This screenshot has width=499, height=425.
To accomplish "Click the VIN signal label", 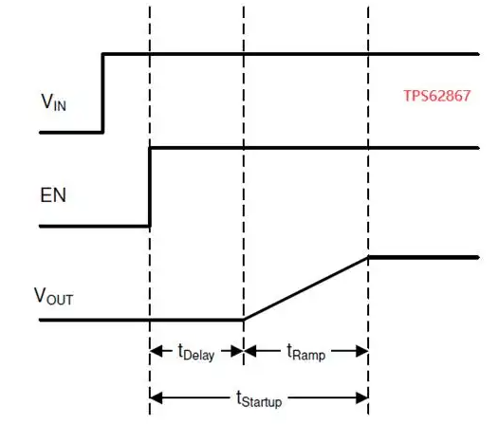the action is click(53, 102).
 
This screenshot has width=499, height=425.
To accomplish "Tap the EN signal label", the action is click(53, 194).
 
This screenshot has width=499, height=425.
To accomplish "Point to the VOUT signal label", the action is click(53, 296).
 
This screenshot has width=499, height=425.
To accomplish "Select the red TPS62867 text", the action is click(437, 96).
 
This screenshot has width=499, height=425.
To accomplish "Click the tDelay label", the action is click(196, 352).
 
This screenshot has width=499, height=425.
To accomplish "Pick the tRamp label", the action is click(305, 352).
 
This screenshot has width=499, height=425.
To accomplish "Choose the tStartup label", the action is click(259, 398).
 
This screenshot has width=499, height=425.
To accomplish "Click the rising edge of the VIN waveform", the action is click(102, 93).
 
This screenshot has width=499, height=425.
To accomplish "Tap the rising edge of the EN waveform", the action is click(150, 187).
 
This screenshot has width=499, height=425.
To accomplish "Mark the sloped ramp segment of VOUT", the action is click(305, 288).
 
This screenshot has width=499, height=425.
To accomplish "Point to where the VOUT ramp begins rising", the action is click(244, 320).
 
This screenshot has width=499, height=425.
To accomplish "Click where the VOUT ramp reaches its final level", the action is click(368, 257).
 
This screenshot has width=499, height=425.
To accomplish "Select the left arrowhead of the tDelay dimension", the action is click(156, 351).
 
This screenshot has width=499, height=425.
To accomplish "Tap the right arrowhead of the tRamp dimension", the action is click(362, 351).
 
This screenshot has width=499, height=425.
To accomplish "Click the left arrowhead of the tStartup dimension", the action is click(156, 397).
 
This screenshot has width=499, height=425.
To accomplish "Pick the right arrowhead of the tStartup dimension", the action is click(362, 397).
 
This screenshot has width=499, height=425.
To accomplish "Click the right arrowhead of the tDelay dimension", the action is click(237, 351).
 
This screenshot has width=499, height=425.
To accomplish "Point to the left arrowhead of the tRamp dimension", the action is click(250, 351).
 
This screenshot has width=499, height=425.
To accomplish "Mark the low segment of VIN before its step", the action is click(70, 132).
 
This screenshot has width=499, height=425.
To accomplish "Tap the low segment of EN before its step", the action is click(94, 226).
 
